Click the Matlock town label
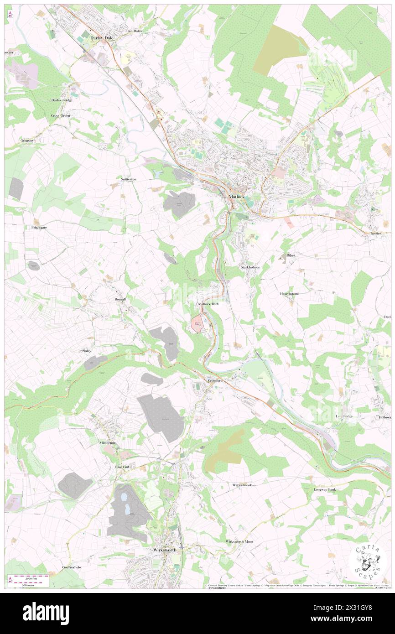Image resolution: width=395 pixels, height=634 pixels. click(236, 197)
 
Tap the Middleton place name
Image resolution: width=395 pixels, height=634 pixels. click(108, 443)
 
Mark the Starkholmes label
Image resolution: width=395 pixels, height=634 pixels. click(250, 267)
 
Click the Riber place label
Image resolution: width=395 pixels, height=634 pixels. click(291, 255)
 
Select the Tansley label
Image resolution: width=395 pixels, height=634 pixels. click(375, 234)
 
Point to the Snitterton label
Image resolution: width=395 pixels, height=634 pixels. click(129, 180)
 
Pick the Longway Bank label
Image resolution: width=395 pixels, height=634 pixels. click(324, 489)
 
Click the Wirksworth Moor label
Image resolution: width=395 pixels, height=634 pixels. click(239, 541)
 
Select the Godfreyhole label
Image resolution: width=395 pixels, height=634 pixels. click(71, 567)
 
